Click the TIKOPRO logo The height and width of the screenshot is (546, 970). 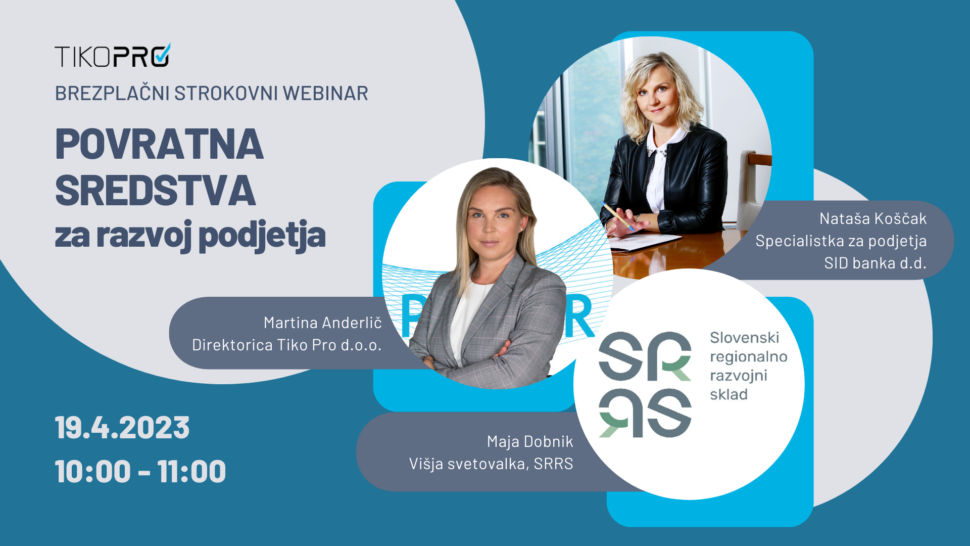(113, 55)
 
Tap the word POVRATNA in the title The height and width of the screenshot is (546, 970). (159, 144)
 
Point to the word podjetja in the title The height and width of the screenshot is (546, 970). (262, 236)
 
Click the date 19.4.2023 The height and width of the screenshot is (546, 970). (122, 428)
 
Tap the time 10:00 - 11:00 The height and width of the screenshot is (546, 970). (140, 471)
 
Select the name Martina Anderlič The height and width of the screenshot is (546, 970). (323, 323)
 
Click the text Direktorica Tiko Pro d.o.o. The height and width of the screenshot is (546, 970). (287, 345)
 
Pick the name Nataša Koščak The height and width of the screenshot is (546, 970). (873, 218)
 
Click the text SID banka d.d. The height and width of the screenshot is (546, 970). (876, 263)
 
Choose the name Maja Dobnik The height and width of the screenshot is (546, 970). (530, 442)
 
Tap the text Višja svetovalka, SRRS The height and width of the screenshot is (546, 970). (491, 464)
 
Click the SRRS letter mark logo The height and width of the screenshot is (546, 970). (645, 385)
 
